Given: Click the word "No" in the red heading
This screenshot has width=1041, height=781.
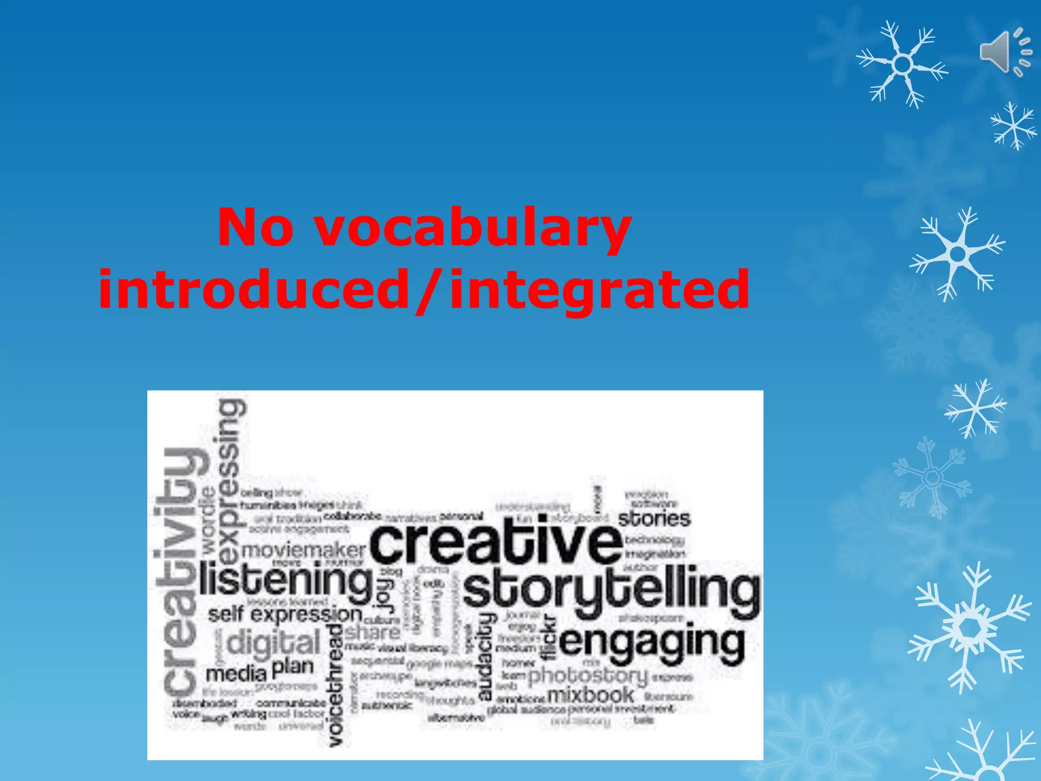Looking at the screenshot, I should click(255, 227).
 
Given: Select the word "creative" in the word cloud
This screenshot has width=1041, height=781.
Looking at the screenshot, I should click(496, 543).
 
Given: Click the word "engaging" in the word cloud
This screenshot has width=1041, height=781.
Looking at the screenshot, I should click(652, 644).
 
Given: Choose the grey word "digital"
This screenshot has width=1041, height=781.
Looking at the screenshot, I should click(273, 643).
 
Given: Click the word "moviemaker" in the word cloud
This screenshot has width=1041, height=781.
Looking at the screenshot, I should click(303, 550).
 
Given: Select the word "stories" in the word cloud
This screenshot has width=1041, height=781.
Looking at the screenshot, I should click(654, 519).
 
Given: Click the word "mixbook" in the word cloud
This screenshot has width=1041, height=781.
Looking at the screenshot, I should click(591, 695).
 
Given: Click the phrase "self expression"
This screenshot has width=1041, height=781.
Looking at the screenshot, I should click(285, 614).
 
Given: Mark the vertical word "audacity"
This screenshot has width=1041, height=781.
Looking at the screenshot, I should click(486, 656).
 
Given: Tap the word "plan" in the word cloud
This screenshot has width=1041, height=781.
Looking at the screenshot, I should click(293, 667).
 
